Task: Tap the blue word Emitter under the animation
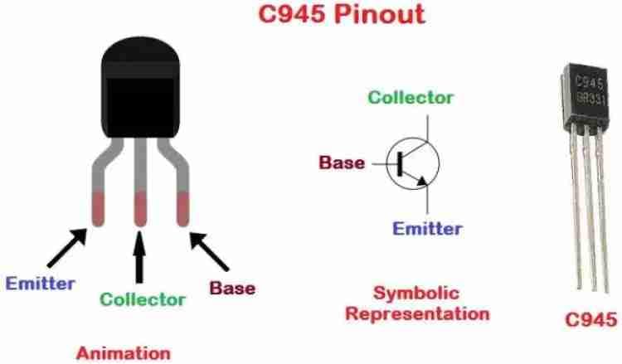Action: [x=40, y=283]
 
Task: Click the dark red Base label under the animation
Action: [x=232, y=289]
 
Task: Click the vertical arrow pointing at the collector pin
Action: [x=138, y=258]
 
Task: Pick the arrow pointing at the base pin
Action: [x=209, y=251]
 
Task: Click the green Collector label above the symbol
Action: [x=411, y=97]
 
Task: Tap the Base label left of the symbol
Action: [x=343, y=163]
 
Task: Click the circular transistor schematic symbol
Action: [x=412, y=163]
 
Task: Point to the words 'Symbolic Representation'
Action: [x=417, y=303]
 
